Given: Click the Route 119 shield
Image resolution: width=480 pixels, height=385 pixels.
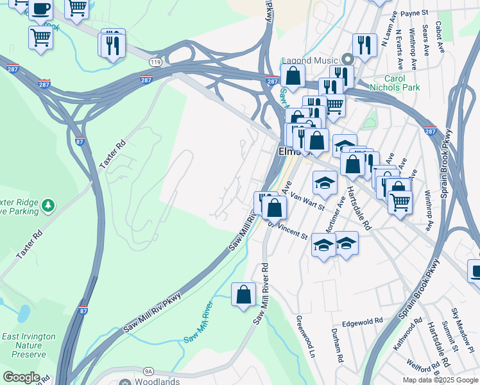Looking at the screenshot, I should coord(155,62).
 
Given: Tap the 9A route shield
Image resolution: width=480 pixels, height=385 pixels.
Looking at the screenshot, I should coord(148,371).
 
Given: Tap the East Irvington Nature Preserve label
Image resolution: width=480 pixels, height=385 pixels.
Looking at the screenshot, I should coord(24,345).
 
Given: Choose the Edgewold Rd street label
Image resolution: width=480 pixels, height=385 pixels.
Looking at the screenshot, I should coord(362,322).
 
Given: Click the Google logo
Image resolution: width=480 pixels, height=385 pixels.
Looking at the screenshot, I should coord(21,377).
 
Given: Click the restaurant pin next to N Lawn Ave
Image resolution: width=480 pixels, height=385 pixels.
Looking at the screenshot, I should coord(364,45).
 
